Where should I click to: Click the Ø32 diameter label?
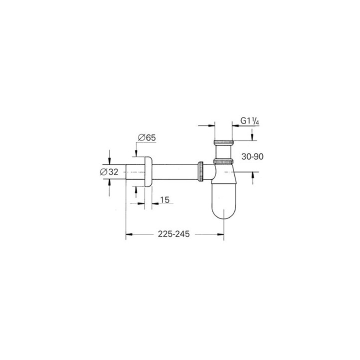pos(109,171)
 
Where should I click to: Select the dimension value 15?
pos(165,200)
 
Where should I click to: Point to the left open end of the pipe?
pos(126,171)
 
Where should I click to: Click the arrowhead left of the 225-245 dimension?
pos(128,233)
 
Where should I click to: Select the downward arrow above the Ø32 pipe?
pos(108,159)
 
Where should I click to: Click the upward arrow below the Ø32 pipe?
pos(108,184)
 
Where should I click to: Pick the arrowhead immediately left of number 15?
pos(153,203)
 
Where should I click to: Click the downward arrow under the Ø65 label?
pos(136,151)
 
